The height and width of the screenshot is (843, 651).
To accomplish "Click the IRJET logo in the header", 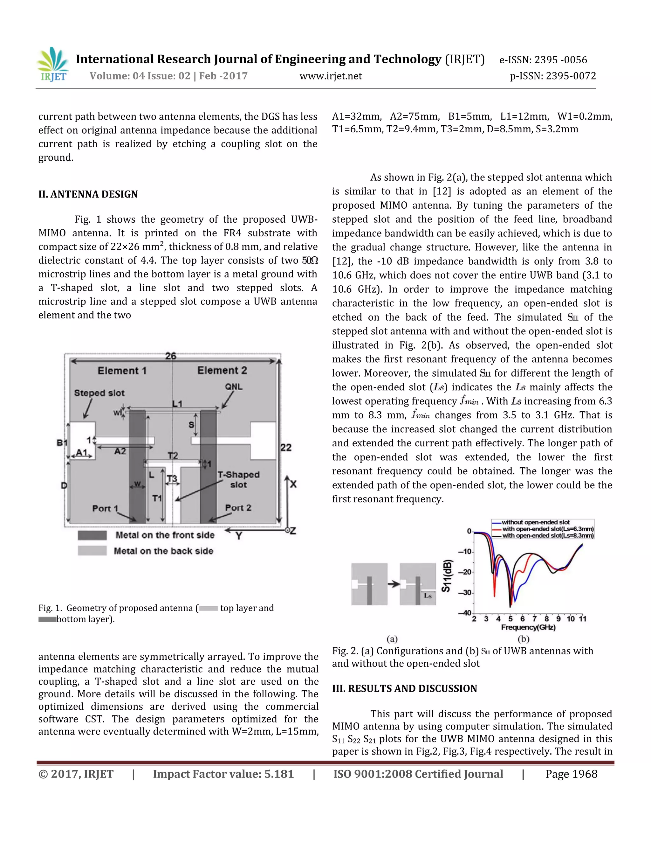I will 53,65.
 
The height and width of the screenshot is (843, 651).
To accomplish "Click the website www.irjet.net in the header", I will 331,76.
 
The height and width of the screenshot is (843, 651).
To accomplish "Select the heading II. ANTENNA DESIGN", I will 88,194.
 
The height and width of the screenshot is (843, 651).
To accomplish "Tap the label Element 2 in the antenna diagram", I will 222,371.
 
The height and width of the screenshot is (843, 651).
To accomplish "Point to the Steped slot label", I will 99,393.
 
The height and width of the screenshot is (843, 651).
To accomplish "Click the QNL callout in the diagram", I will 234,387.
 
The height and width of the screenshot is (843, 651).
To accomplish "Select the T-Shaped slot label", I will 238,479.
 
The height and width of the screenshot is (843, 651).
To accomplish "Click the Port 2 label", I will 238,508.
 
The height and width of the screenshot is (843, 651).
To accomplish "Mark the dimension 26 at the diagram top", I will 171,356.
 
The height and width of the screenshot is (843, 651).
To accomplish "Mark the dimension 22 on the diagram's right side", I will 286,448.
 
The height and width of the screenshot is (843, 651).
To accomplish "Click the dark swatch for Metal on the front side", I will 92,535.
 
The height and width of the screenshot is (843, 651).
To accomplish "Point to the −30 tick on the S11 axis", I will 467,593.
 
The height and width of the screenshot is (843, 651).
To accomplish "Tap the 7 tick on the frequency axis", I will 535,619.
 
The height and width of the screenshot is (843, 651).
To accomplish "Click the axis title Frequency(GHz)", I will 528,628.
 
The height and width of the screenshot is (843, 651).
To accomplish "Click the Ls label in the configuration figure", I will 428,596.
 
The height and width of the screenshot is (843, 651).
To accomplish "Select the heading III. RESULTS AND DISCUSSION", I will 405,689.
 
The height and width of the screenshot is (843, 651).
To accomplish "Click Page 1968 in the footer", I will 571,774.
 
